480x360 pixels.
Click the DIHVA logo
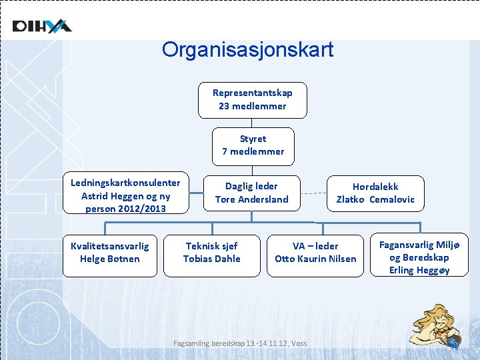pyautogui.click(x=41, y=26)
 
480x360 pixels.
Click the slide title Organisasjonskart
pyautogui.click(x=247, y=50)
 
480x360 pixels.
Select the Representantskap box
pyautogui.click(x=252, y=99)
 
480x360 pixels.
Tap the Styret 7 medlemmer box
pyautogui.click(x=253, y=145)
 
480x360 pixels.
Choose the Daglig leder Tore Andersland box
pyautogui.click(x=251, y=193)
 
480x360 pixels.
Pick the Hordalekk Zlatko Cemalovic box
pyautogui.click(x=375, y=193)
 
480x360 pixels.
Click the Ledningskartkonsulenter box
pyautogui.click(x=125, y=195)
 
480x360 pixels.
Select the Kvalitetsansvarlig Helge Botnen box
pyautogui.click(x=109, y=255)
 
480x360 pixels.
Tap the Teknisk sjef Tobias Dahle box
pyautogui.click(x=211, y=255)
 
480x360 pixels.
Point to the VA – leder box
pyautogui.click(x=315, y=255)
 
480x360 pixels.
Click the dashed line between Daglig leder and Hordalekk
pyautogui.click(x=313, y=195)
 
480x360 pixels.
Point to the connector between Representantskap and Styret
pyautogui.click(x=252, y=123)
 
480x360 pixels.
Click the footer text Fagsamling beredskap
pyautogui.click(x=240, y=343)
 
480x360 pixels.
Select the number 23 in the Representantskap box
pyautogui.click(x=225, y=106)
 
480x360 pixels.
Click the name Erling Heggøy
pyautogui.click(x=419, y=270)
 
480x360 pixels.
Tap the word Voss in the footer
pyautogui.click(x=299, y=343)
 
